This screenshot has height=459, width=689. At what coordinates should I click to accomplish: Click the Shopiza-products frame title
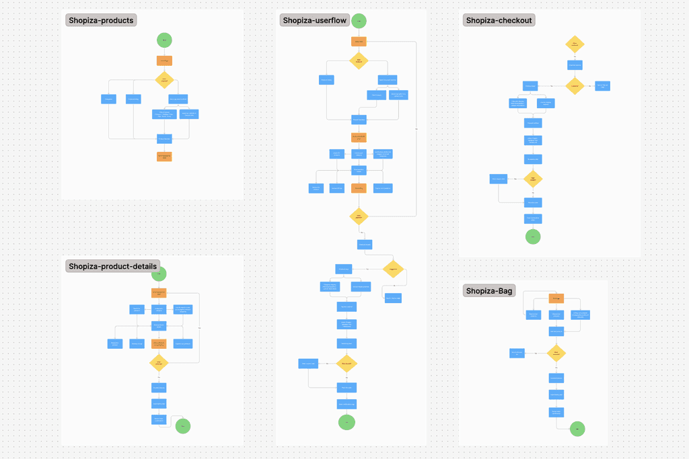point(101,20)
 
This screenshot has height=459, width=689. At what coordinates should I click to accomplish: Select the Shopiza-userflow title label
point(315,20)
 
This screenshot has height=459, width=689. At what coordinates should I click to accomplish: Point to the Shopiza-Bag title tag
point(489,290)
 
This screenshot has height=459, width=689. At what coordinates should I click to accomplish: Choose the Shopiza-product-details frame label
point(112,266)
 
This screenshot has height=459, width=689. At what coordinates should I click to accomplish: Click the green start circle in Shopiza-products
point(164,40)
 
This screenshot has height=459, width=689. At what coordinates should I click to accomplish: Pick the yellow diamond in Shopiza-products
point(164,80)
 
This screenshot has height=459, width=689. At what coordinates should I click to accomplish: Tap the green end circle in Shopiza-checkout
point(533,237)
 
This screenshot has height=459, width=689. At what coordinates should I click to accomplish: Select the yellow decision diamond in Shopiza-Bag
point(556,353)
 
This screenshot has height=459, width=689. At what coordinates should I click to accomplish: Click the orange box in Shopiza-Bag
point(556,298)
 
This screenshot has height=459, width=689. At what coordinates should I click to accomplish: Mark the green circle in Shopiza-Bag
point(577,429)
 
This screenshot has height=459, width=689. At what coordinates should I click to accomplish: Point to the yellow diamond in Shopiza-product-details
point(159,363)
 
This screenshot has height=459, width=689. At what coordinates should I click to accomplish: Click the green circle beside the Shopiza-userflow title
point(359,21)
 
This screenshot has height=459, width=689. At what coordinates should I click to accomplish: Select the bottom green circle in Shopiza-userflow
point(347,422)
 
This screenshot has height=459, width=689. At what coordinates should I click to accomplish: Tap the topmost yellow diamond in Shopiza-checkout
point(575,44)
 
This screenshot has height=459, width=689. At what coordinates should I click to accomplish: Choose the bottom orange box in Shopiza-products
point(164,157)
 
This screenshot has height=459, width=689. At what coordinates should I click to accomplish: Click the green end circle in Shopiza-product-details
point(182,425)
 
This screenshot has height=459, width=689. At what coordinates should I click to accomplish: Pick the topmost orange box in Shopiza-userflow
point(359,41)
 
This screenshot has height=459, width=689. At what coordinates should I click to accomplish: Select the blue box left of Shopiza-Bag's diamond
point(517,353)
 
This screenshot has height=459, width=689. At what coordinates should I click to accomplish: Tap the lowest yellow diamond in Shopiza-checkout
point(533,179)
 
